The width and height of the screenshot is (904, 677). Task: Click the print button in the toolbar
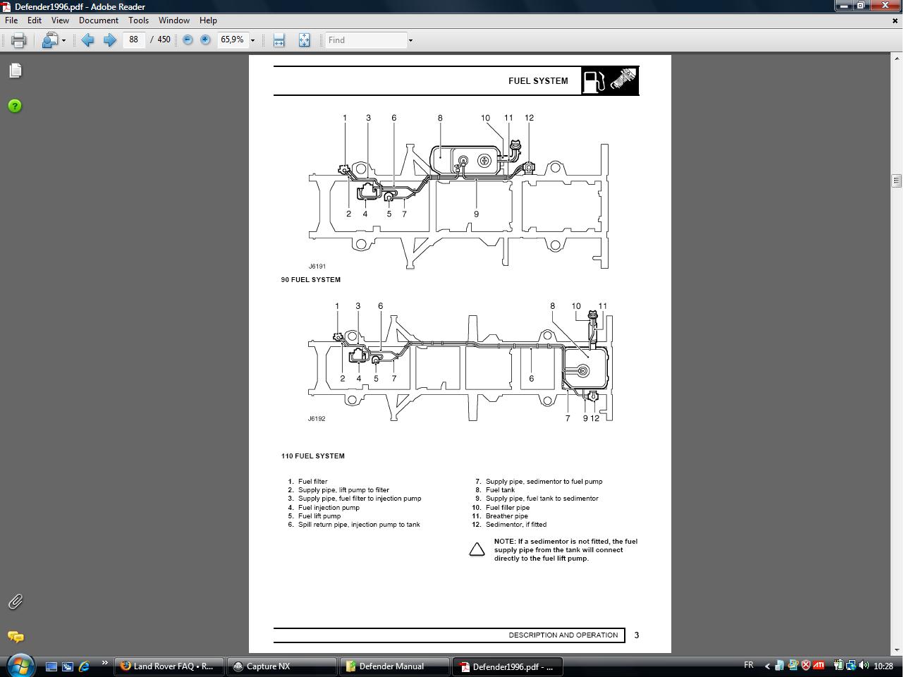click(x=18, y=40)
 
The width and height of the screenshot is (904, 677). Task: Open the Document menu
click(x=98, y=20)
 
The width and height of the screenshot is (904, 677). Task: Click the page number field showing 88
click(x=134, y=40)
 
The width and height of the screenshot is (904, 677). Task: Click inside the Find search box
click(x=365, y=40)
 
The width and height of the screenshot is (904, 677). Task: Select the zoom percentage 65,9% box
click(x=233, y=40)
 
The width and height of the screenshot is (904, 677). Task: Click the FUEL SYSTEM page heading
click(x=538, y=81)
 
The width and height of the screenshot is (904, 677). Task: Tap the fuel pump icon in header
click(x=594, y=81)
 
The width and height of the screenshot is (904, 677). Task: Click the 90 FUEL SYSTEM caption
click(x=310, y=280)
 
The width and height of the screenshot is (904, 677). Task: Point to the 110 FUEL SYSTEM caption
click(x=312, y=456)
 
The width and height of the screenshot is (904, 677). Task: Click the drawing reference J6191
click(x=317, y=267)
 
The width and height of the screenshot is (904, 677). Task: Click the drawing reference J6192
click(x=317, y=419)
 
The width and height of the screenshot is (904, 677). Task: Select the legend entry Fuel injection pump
click(x=329, y=508)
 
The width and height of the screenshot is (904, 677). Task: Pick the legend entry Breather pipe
click(x=506, y=516)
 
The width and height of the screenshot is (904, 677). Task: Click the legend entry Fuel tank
click(x=500, y=490)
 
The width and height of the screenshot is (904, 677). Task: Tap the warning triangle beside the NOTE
click(x=477, y=549)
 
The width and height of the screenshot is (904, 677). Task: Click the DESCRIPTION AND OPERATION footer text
click(x=563, y=635)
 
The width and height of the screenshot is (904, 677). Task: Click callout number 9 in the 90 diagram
click(x=476, y=214)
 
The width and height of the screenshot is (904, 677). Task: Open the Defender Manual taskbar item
click(x=395, y=666)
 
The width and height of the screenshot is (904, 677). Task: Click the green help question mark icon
click(x=15, y=106)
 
